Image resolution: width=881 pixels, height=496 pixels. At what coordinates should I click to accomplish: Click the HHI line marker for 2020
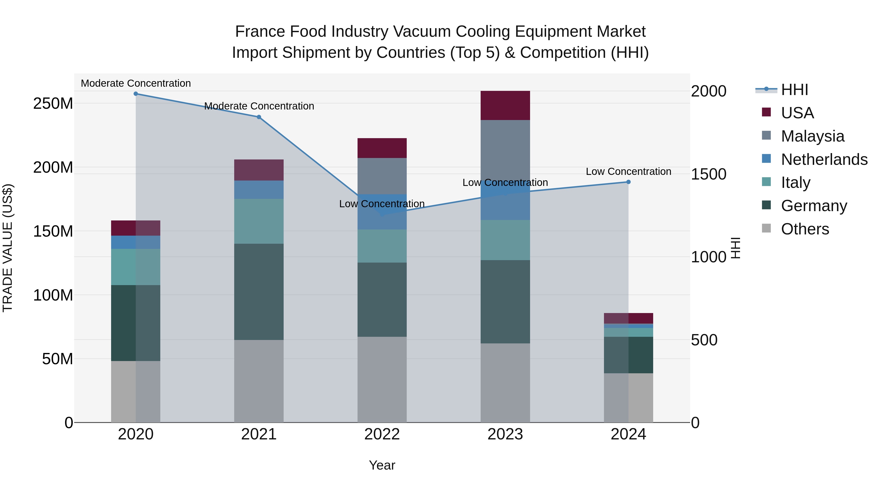click(x=136, y=94)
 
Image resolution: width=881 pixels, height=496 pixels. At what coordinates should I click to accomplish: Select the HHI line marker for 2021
click(x=259, y=117)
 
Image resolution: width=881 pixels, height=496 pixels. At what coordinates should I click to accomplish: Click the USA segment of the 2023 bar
click(x=505, y=105)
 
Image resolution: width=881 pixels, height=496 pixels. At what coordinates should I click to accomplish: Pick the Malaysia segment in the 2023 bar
click(x=505, y=151)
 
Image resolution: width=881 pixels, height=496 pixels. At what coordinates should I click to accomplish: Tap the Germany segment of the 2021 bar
click(x=259, y=292)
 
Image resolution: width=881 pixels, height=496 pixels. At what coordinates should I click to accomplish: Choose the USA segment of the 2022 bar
click(x=382, y=148)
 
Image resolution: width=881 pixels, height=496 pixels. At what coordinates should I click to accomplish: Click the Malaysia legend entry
click(x=812, y=136)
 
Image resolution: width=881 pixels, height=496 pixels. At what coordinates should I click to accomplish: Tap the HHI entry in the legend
click(x=794, y=90)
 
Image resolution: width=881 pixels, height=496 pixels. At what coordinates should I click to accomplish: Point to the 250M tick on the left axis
click(x=53, y=103)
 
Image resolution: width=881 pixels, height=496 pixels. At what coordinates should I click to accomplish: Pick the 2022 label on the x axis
click(x=382, y=434)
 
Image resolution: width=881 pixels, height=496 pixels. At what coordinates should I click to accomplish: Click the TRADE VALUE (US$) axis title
click(x=8, y=248)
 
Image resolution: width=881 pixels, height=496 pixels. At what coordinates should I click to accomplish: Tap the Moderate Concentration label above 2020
click(x=136, y=83)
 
